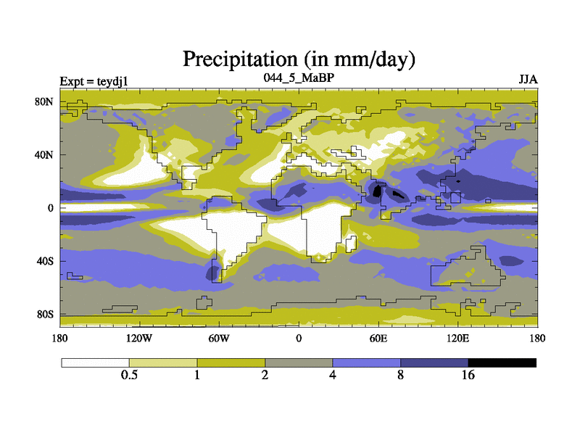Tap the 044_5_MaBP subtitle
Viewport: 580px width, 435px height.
[x=298, y=76]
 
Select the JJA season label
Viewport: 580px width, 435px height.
[x=527, y=78]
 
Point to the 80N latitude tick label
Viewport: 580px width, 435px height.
[x=45, y=101]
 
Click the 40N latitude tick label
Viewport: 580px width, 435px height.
[x=45, y=154]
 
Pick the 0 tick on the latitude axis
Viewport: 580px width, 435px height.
[x=50, y=208]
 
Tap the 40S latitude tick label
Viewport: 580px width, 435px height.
[x=45, y=261]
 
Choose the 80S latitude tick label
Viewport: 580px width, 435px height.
[x=45, y=315]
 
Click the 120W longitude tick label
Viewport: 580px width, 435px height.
[x=138, y=338]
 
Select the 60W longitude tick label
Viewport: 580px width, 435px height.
[x=218, y=338]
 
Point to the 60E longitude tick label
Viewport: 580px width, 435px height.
[x=378, y=338]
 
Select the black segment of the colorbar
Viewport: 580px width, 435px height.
[x=502, y=362]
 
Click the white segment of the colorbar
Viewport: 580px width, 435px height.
[x=95, y=362]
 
